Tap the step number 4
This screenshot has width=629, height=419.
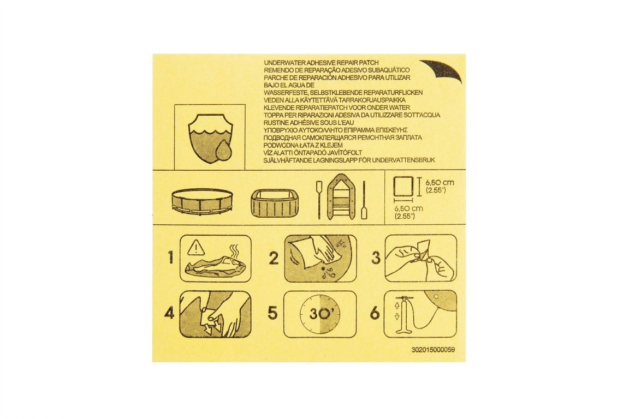(170, 314)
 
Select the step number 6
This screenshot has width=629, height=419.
(375, 313)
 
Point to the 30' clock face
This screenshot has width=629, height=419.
(320, 314)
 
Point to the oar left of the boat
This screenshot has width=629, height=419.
(318, 201)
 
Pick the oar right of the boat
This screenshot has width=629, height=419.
(364, 201)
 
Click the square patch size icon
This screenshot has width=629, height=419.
(404, 186)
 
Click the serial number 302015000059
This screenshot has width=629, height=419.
(433, 350)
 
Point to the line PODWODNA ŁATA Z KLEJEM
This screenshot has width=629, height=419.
(303, 145)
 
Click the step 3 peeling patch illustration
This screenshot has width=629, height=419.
(420, 258)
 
